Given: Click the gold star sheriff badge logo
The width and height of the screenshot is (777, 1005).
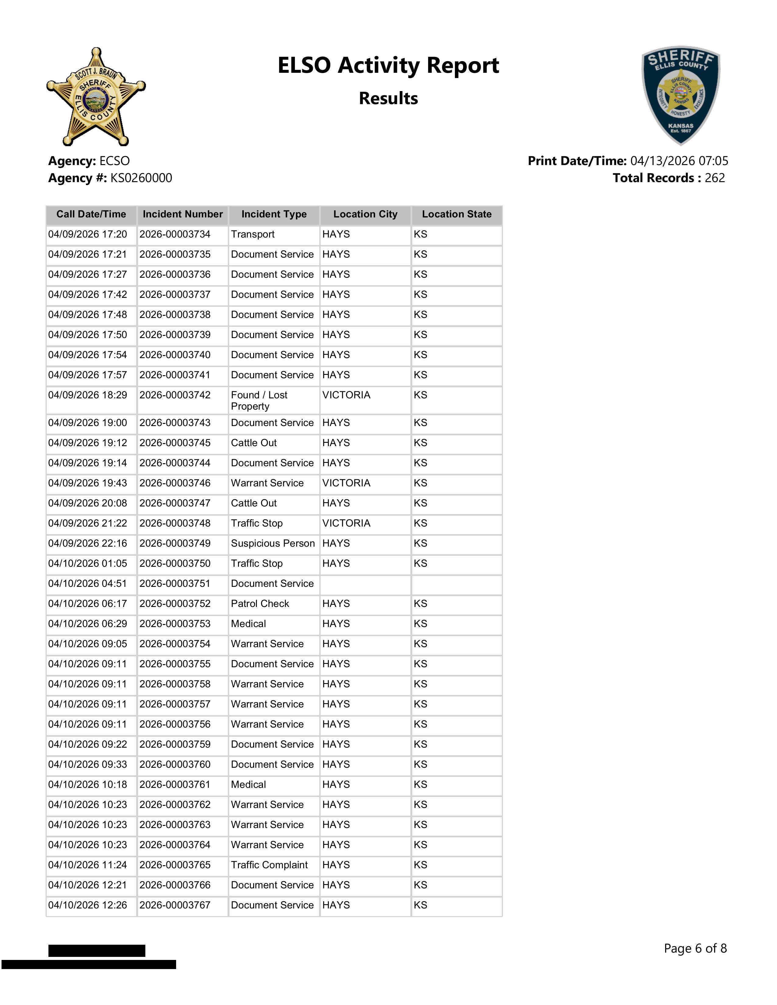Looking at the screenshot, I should [x=96, y=97].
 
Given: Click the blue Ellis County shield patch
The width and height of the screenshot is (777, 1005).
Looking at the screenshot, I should [x=680, y=95].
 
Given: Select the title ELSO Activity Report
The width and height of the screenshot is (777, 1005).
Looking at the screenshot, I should [x=388, y=65].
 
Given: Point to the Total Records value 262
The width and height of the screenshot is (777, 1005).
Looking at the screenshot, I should [x=715, y=178].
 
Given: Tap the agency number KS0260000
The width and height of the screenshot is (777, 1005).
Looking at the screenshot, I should [x=141, y=178].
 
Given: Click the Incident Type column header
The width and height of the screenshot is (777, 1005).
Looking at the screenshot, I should [x=274, y=214].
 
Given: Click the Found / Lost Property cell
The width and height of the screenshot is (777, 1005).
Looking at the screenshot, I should [x=259, y=400].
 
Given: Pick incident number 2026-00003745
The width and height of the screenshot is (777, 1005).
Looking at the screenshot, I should [x=175, y=443].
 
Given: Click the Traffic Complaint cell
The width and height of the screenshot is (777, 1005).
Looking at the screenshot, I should [x=269, y=865].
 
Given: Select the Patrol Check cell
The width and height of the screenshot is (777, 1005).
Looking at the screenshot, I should [x=260, y=604].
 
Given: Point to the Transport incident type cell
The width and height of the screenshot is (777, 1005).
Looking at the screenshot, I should [x=253, y=234].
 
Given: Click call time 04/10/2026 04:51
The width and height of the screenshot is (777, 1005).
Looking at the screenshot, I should [x=87, y=584].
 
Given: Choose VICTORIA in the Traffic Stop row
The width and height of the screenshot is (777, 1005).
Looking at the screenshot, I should [x=346, y=523].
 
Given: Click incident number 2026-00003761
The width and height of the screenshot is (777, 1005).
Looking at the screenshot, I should [x=175, y=785].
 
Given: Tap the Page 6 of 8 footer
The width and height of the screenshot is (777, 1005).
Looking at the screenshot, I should [x=695, y=948].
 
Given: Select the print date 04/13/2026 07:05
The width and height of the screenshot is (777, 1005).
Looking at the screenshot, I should [x=679, y=161].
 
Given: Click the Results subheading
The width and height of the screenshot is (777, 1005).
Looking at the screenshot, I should [x=388, y=98].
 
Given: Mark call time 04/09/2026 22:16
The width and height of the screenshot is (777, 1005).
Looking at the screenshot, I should [x=87, y=543].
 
